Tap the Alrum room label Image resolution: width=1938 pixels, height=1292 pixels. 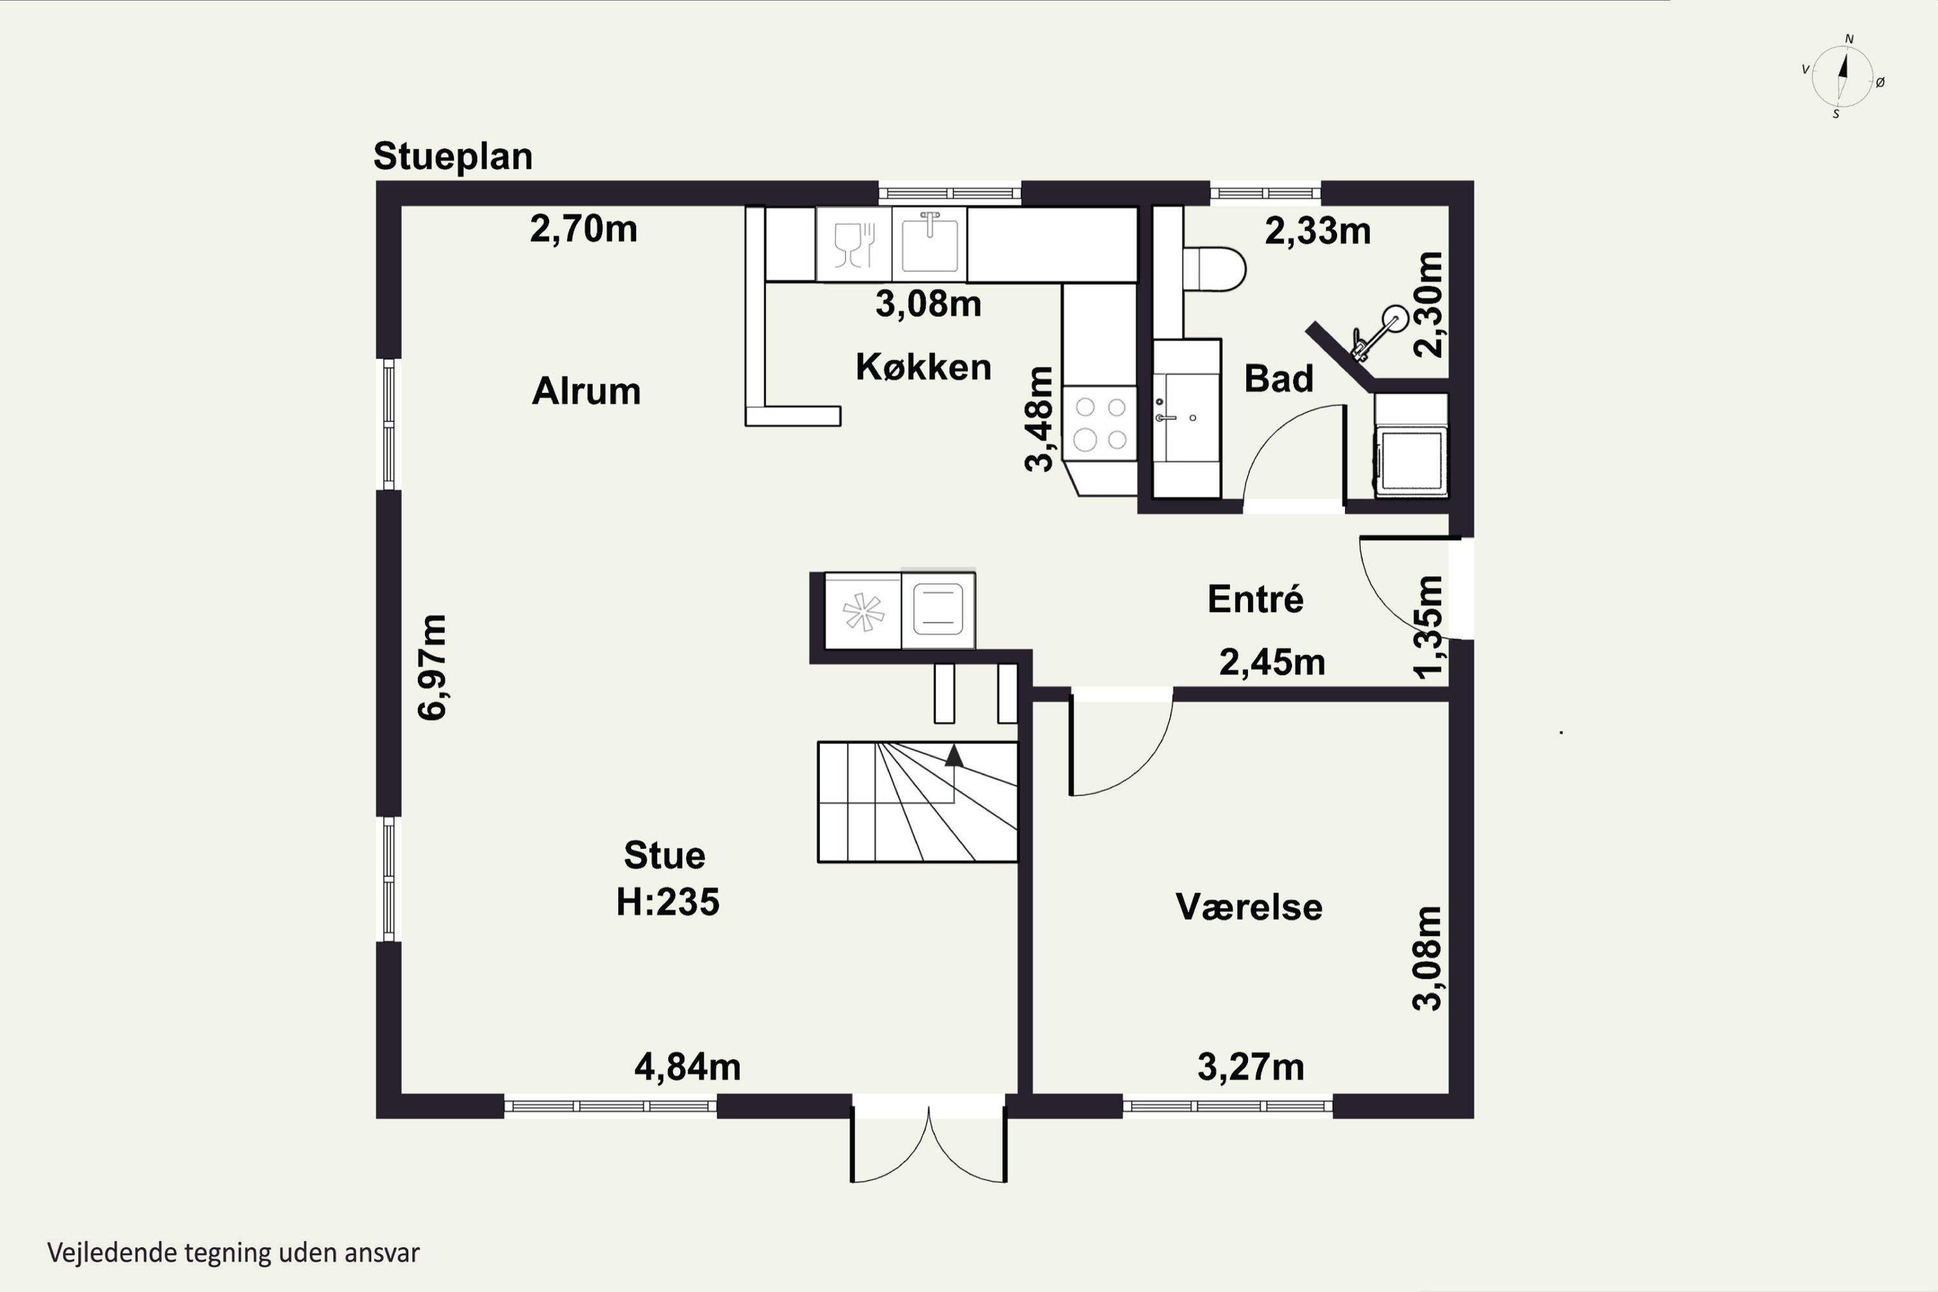coord(586,391)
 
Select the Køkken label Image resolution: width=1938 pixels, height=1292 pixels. coord(923,367)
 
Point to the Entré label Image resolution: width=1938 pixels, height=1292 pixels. coord(1255,599)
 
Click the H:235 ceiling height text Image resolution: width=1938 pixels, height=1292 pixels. coord(667,901)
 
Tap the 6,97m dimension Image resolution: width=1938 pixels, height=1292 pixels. coord(432,667)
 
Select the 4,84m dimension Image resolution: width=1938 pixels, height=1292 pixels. coord(687,1067)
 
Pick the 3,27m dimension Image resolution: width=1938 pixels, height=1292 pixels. coord(1250,1067)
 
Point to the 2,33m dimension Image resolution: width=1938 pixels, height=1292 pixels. coord(1318,231)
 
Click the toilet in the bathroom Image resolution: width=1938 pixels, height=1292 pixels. coord(1214,269)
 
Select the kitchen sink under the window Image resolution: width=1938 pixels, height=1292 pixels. coord(930,242)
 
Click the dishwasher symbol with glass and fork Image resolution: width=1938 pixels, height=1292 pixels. coord(853,244)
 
